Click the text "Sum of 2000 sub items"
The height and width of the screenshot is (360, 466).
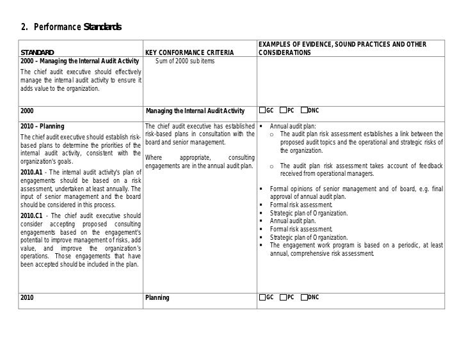(185, 61)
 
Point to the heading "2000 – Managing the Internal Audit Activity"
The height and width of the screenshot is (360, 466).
(79, 61)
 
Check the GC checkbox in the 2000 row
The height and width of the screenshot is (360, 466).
(262, 109)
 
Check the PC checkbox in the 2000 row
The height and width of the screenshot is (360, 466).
(284, 109)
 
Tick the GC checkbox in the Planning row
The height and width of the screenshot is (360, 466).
(262, 297)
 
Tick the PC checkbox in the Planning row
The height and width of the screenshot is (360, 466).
(284, 297)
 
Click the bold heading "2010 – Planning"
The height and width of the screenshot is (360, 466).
(42, 125)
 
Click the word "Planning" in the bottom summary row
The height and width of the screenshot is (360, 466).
(157, 298)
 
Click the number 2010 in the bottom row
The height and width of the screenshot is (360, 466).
(28, 298)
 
